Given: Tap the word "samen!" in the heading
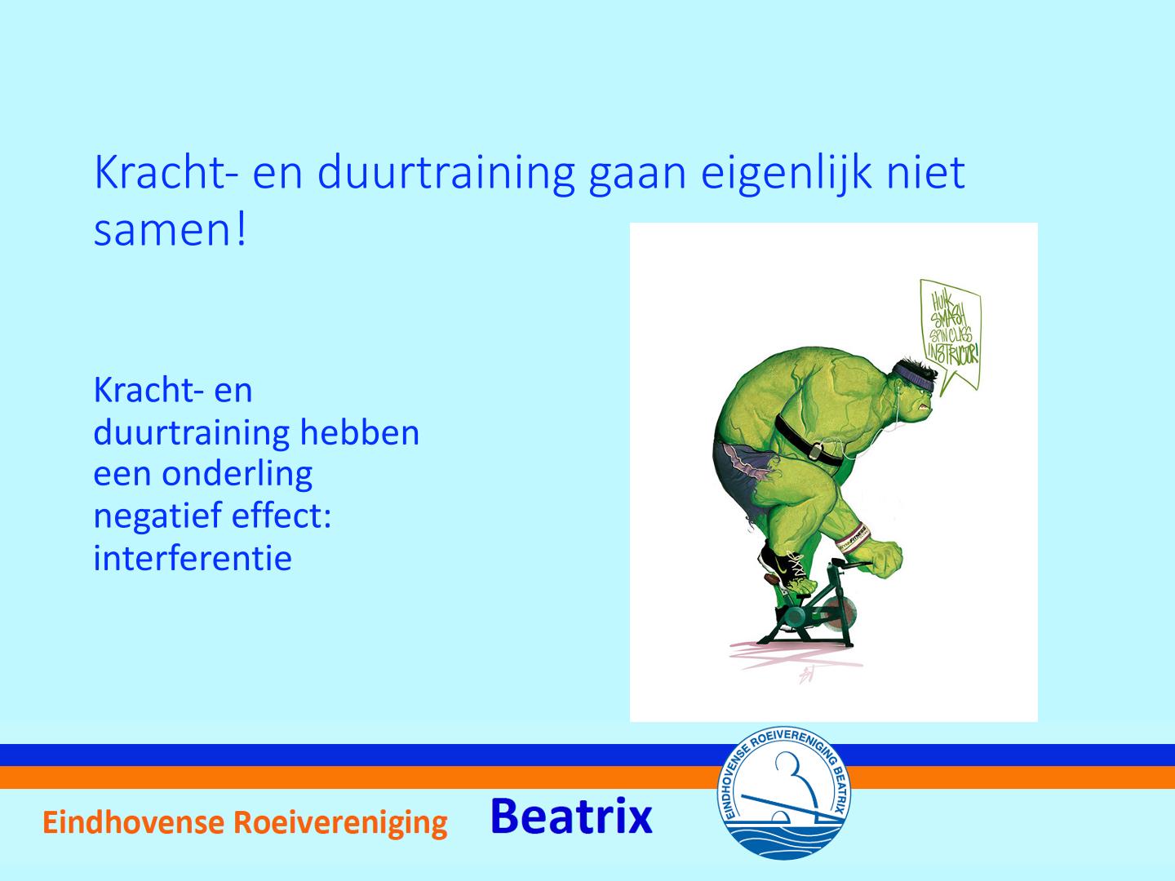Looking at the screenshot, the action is tap(171, 230).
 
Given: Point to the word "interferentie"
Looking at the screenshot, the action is tap(193, 557).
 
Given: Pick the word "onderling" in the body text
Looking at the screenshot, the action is tap(237, 475).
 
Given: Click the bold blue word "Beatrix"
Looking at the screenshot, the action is tap(571, 817).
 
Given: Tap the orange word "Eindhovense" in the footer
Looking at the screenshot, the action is tap(133, 822).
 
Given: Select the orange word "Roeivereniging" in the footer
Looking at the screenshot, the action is tap(340, 824).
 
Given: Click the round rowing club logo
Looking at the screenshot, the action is tap(783, 793).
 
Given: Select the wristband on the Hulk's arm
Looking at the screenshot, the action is tap(854, 538).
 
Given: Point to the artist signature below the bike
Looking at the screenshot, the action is tap(806, 675).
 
